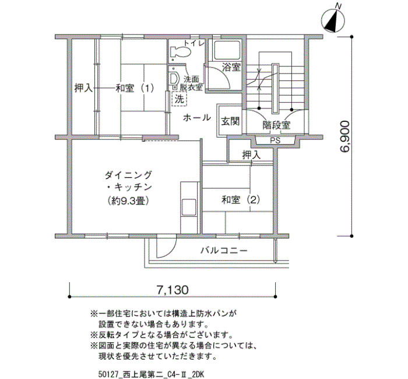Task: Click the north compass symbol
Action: click(333, 19)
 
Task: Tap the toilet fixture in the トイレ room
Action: click(180, 52)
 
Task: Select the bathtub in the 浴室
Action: click(227, 50)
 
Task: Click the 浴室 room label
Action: click(231, 68)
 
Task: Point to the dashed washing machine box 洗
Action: click(180, 99)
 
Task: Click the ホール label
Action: click(197, 118)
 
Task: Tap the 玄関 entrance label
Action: click(230, 121)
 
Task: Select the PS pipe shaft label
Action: click(275, 141)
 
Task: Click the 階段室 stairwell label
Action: click(276, 125)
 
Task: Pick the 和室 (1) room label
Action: click(135, 88)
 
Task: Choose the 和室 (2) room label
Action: click(241, 200)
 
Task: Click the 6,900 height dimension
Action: click(345, 136)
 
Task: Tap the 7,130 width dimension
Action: click(173, 290)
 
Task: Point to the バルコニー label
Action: click(224, 251)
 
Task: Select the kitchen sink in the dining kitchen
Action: click(189, 208)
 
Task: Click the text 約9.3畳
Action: click(128, 201)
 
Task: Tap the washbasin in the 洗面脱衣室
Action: click(174, 78)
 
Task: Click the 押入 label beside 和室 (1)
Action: click(83, 88)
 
